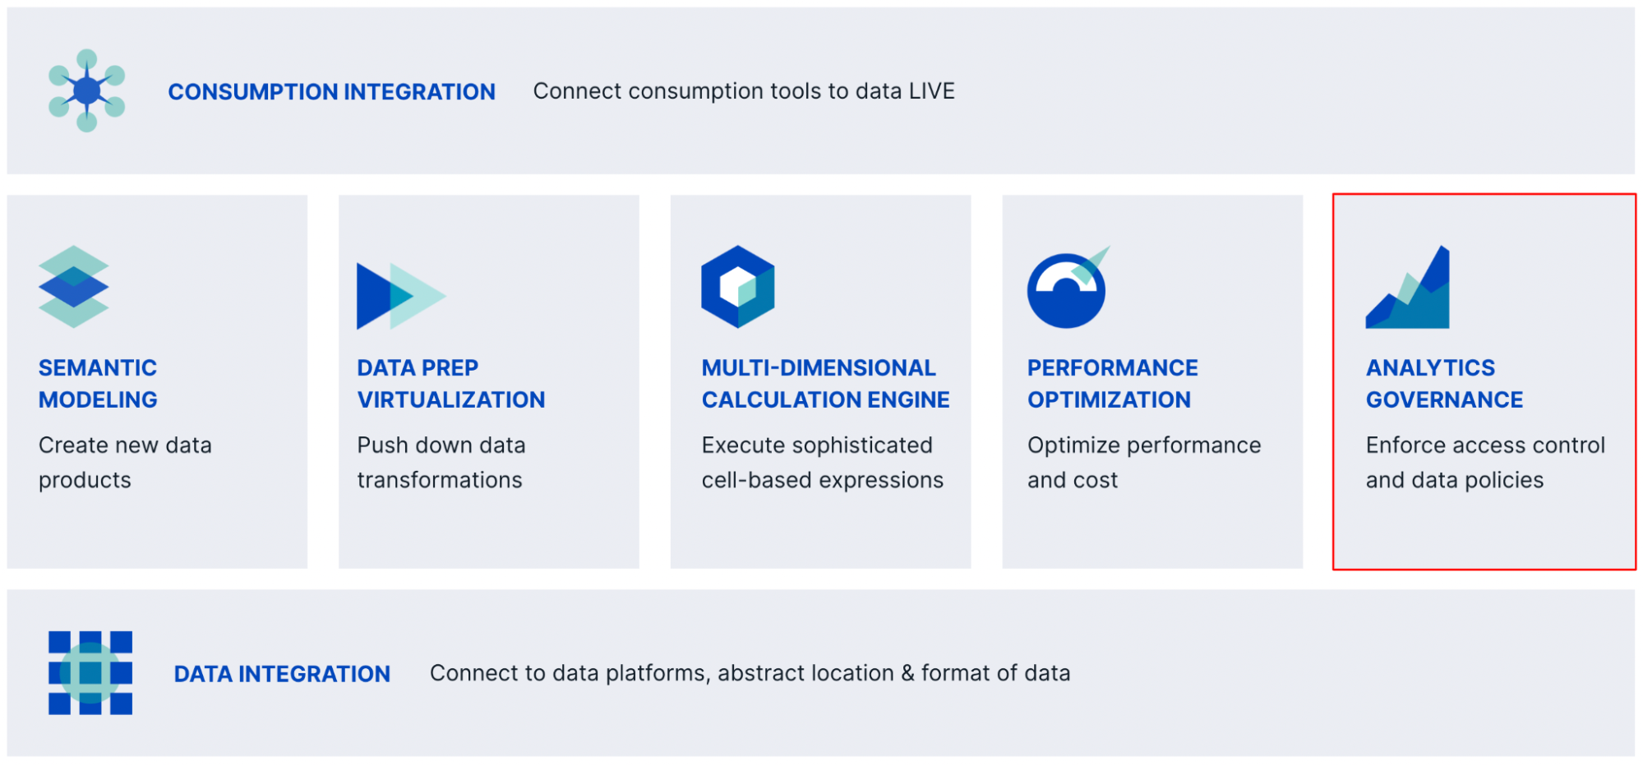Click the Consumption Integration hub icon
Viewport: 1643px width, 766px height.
87,90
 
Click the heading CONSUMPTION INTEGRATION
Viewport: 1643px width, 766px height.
331,92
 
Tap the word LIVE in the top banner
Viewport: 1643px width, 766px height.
931,91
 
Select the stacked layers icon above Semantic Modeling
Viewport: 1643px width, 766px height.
73,287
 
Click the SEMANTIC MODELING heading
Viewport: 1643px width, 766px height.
98,383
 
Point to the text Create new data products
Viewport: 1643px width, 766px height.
124,462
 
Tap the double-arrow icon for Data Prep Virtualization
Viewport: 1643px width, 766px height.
399,296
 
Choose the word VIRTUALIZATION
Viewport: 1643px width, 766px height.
450,400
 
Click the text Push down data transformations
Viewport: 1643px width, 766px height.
441,462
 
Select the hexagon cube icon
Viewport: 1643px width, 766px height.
737,287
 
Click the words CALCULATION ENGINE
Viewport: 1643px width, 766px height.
825,400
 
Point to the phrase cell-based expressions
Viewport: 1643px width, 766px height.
822,480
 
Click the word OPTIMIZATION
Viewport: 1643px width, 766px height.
1109,400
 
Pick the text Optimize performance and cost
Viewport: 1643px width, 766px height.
1143,462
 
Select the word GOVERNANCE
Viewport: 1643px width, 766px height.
1444,400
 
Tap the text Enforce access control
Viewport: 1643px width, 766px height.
1484,445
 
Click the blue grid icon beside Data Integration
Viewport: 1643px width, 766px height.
90,672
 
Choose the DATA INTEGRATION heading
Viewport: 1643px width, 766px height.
282,674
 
